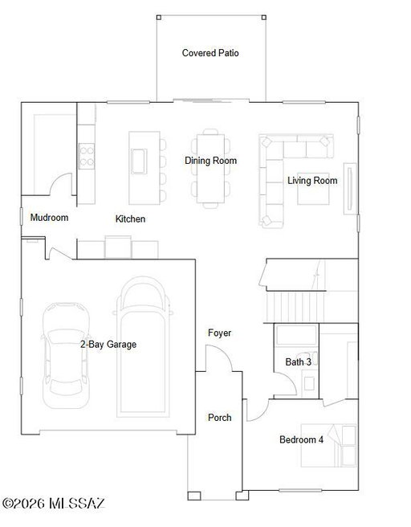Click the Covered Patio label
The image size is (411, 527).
pyautogui.click(x=210, y=53)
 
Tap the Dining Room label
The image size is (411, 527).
pyautogui.click(x=210, y=161)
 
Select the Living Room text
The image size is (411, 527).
pyautogui.click(x=312, y=181)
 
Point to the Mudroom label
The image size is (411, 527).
pyautogui.click(x=49, y=218)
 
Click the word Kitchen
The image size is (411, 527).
pyautogui.click(x=130, y=219)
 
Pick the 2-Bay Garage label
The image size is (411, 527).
pyautogui.click(x=108, y=344)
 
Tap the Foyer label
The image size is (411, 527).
pyautogui.click(x=220, y=333)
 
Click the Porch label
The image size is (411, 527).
pyautogui.click(x=220, y=418)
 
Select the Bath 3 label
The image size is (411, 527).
pyautogui.click(x=298, y=362)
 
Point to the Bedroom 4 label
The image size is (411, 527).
pyautogui.click(x=302, y=439)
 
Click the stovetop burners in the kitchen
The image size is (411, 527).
pyautogui.click(x=87, y=157)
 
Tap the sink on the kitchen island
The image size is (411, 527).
pyautogui.click(x=139, y=161)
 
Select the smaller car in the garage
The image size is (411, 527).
pyautogui.click(x=66, y=355)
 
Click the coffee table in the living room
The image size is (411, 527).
pyautogui.click(x=313, y=194)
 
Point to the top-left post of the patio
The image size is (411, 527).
pyautogui.click(x=159, y=17)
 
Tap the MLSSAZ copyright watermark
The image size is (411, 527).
pyautogui.click(x=54, y=504)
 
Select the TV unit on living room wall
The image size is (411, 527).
pyautogui.click(x=350, y=189)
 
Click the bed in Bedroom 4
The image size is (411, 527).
pyautogui.click(x=329, y=445)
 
